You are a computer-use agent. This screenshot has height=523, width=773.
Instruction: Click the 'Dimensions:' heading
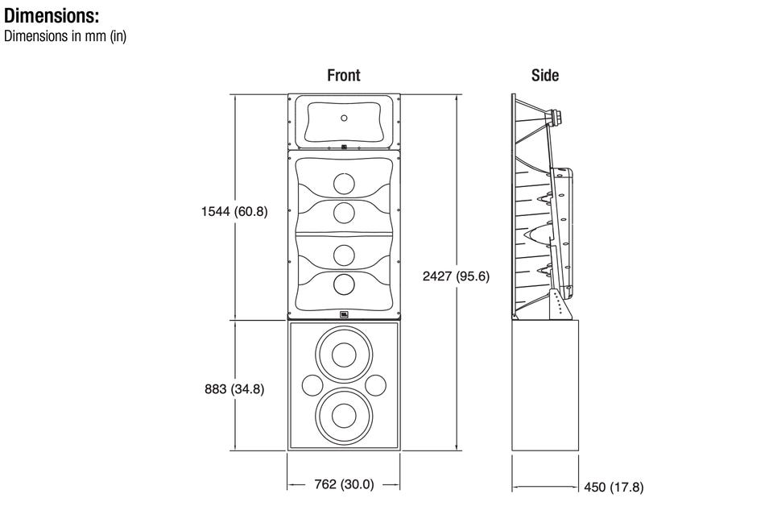point(52,15)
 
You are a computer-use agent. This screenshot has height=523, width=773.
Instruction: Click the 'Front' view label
point(343,75)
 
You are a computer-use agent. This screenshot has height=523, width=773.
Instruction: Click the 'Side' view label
point(544,75)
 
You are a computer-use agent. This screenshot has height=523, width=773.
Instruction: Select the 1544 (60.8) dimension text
point(234,212)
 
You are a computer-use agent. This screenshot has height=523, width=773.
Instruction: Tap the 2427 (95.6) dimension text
point(457,276)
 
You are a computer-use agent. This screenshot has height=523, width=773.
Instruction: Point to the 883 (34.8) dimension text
point(234,389)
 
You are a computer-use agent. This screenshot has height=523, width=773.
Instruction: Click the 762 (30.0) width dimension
point(344,484)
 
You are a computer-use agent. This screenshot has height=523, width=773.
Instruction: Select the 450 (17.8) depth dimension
point(614,487)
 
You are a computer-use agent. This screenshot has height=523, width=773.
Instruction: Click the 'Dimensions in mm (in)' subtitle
point(65,36)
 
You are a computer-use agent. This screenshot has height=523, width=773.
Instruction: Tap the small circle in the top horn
point(344,118)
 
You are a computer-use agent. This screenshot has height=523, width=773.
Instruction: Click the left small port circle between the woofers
point(311,384)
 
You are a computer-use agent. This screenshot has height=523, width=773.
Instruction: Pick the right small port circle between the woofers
point(376,384)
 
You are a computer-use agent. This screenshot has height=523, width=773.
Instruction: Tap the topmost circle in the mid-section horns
point(344,185)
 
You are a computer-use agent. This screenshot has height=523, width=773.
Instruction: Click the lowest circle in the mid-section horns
point(344,284)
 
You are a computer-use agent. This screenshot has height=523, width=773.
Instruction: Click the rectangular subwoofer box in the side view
point(545,385)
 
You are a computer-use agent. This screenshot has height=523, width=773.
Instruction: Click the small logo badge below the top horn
point(344,147)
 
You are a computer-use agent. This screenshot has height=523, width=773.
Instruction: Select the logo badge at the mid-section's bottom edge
point(344,315)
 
